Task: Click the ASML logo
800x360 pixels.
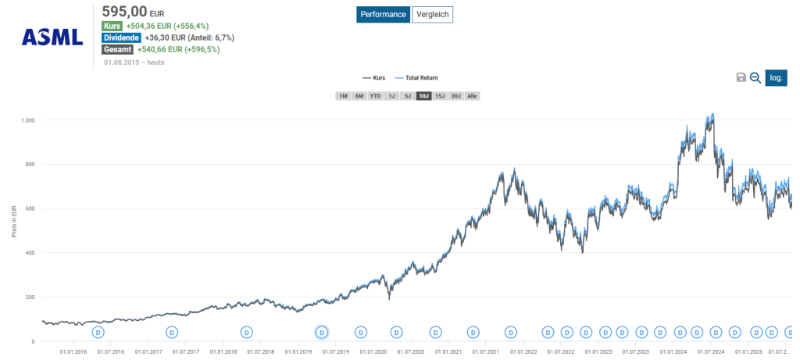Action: tap(52, 36)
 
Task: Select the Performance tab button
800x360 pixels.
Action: tap(383, 15)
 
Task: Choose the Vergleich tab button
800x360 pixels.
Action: tap(433, 15)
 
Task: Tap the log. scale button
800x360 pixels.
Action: tap(776, 77)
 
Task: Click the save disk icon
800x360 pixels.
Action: tap(741, 77)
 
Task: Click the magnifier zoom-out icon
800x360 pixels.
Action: tap(755, 77)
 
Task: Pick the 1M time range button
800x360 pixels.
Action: tap(343, 96)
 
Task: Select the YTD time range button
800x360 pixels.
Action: tap(376, 96)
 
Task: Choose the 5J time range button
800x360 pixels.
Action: tap(407, 96)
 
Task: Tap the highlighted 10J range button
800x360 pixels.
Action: tap(423, 96)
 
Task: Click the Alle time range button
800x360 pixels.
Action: tap(473, 96)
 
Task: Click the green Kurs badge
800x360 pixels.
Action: tap(112, 26)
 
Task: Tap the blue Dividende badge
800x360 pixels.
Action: tap(121, 37)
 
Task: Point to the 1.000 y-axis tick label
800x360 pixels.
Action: tap(28, 121)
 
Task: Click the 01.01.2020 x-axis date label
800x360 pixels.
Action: tap(373, 352)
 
